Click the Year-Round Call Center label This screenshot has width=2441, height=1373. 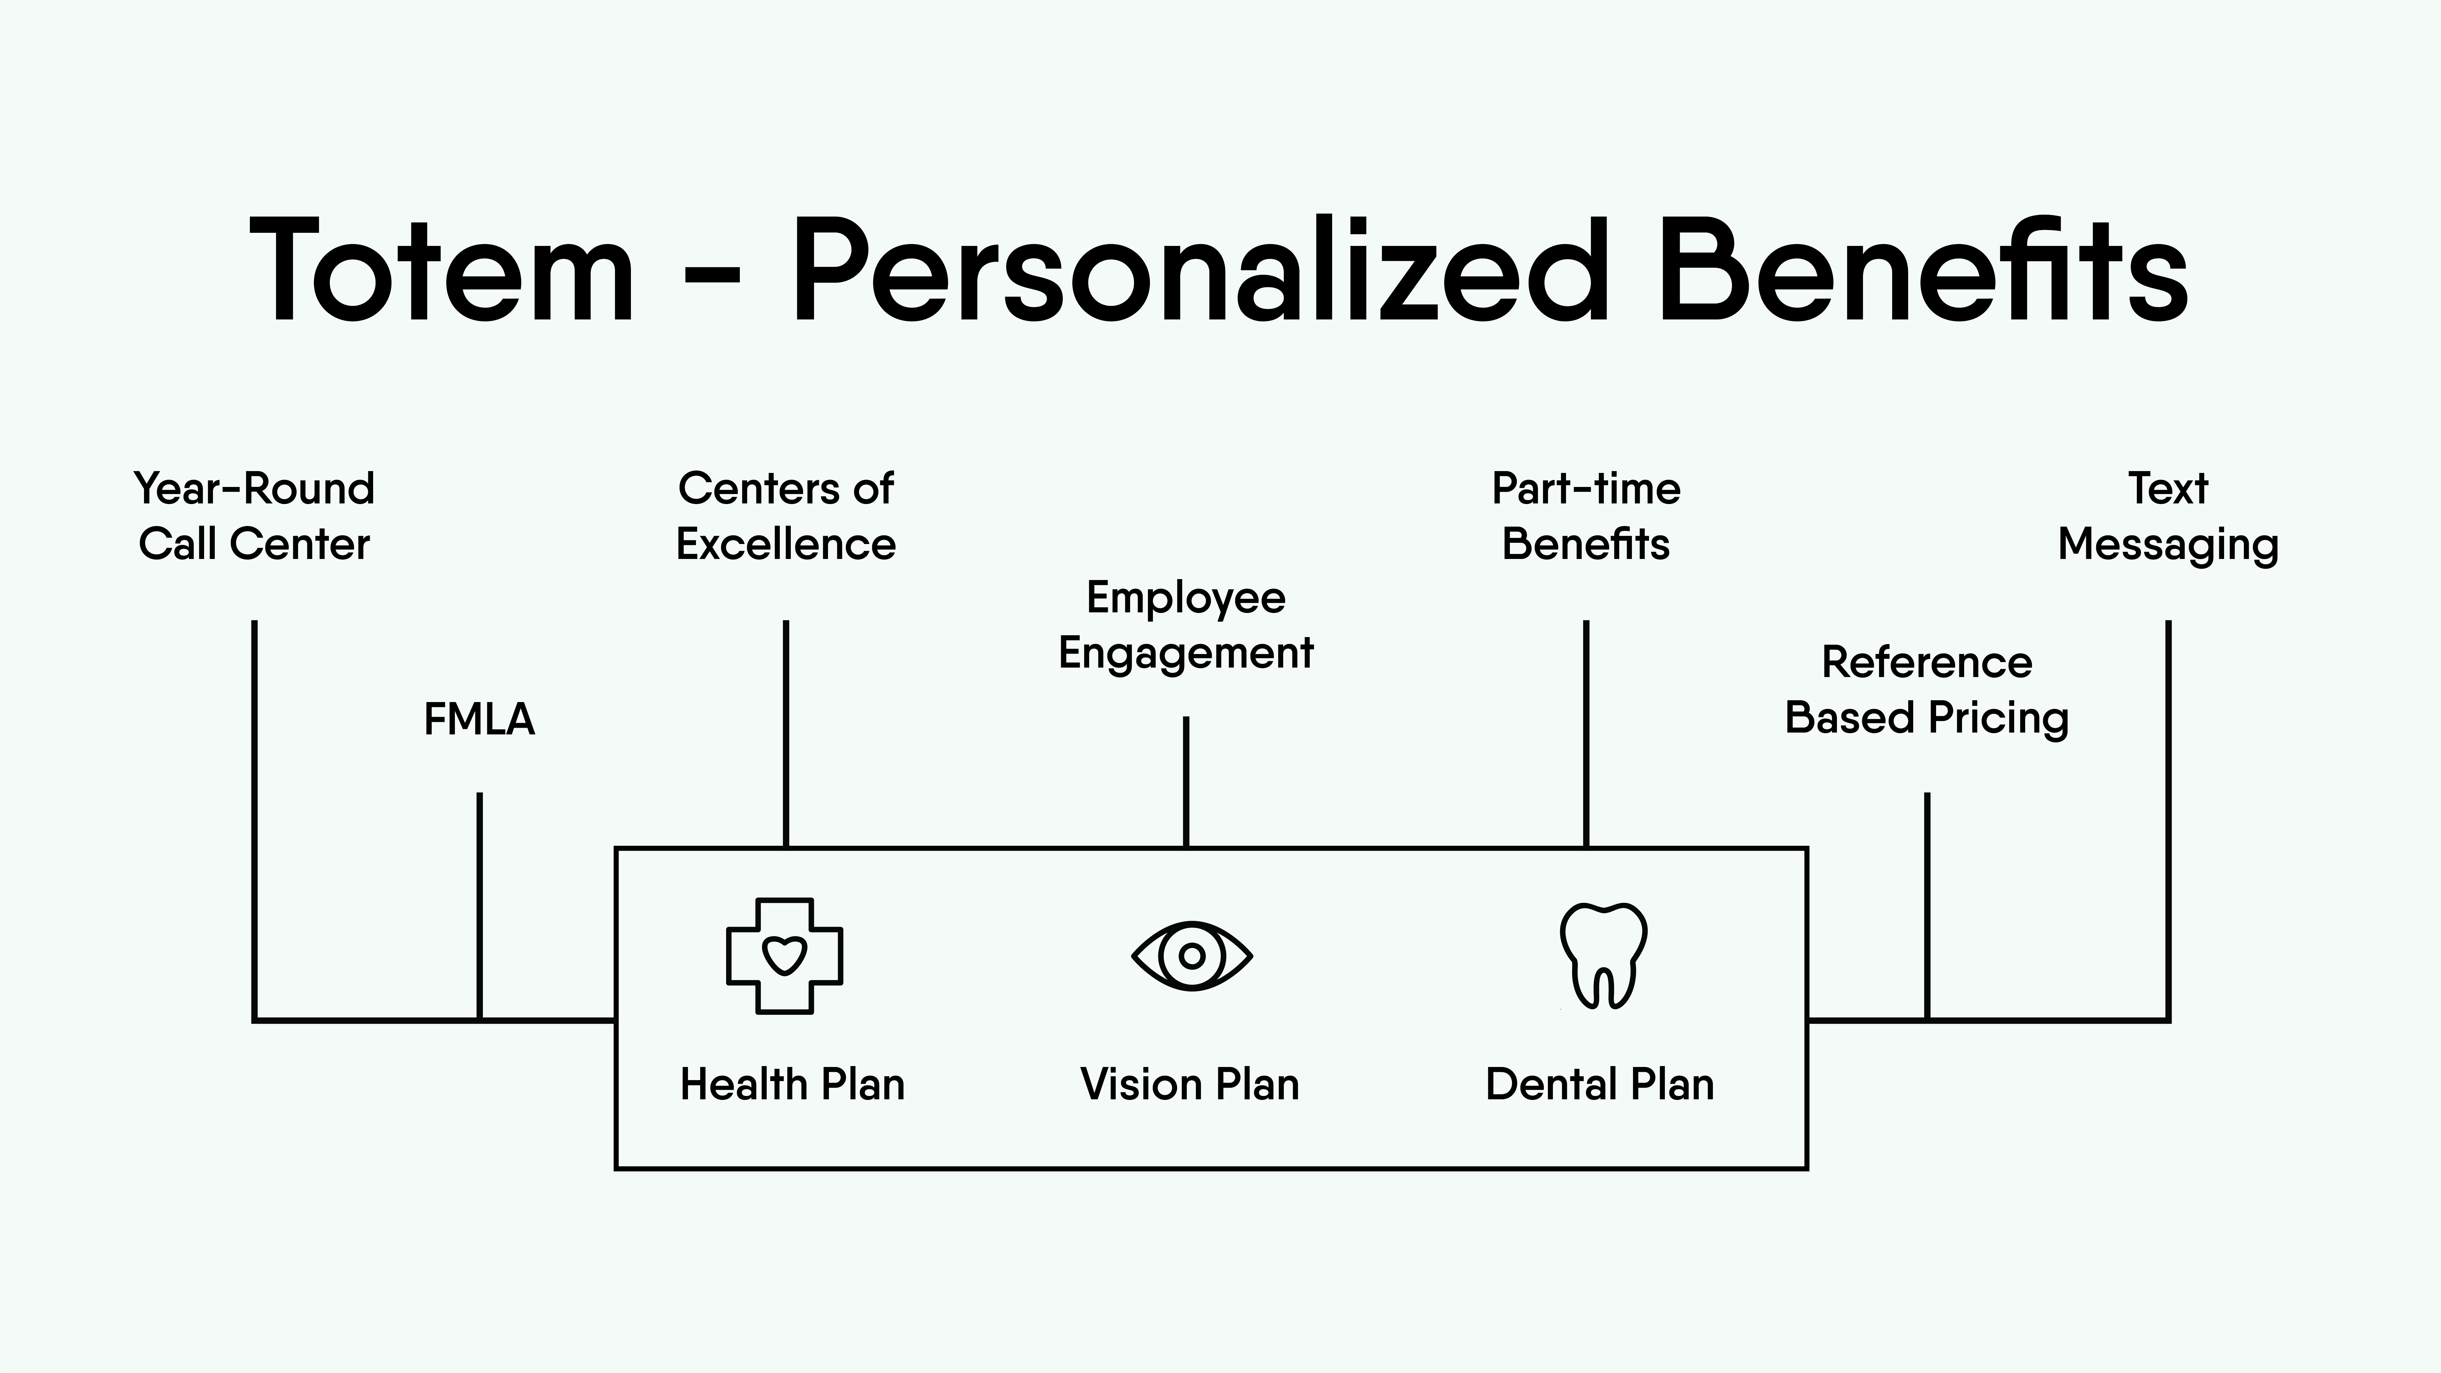(x=254, y=517)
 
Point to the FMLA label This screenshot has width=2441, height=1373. (x=480, y=719)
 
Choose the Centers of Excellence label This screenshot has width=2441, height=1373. (x=786, y=517)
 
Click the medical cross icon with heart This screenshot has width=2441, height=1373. (x=785, y=956)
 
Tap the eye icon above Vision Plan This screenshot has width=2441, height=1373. (x=1192, y=956)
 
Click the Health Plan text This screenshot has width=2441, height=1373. (x=792, y=1084)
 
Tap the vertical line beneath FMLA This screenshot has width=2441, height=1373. (x=480, y=906)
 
